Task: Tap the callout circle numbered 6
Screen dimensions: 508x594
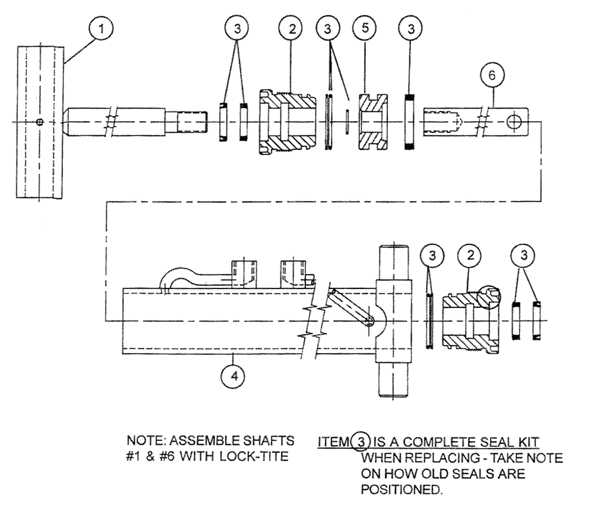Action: (x=494, y=75)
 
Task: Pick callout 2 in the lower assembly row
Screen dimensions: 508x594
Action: (x=470, y=255)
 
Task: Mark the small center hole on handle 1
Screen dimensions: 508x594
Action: (x=39, y=122)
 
